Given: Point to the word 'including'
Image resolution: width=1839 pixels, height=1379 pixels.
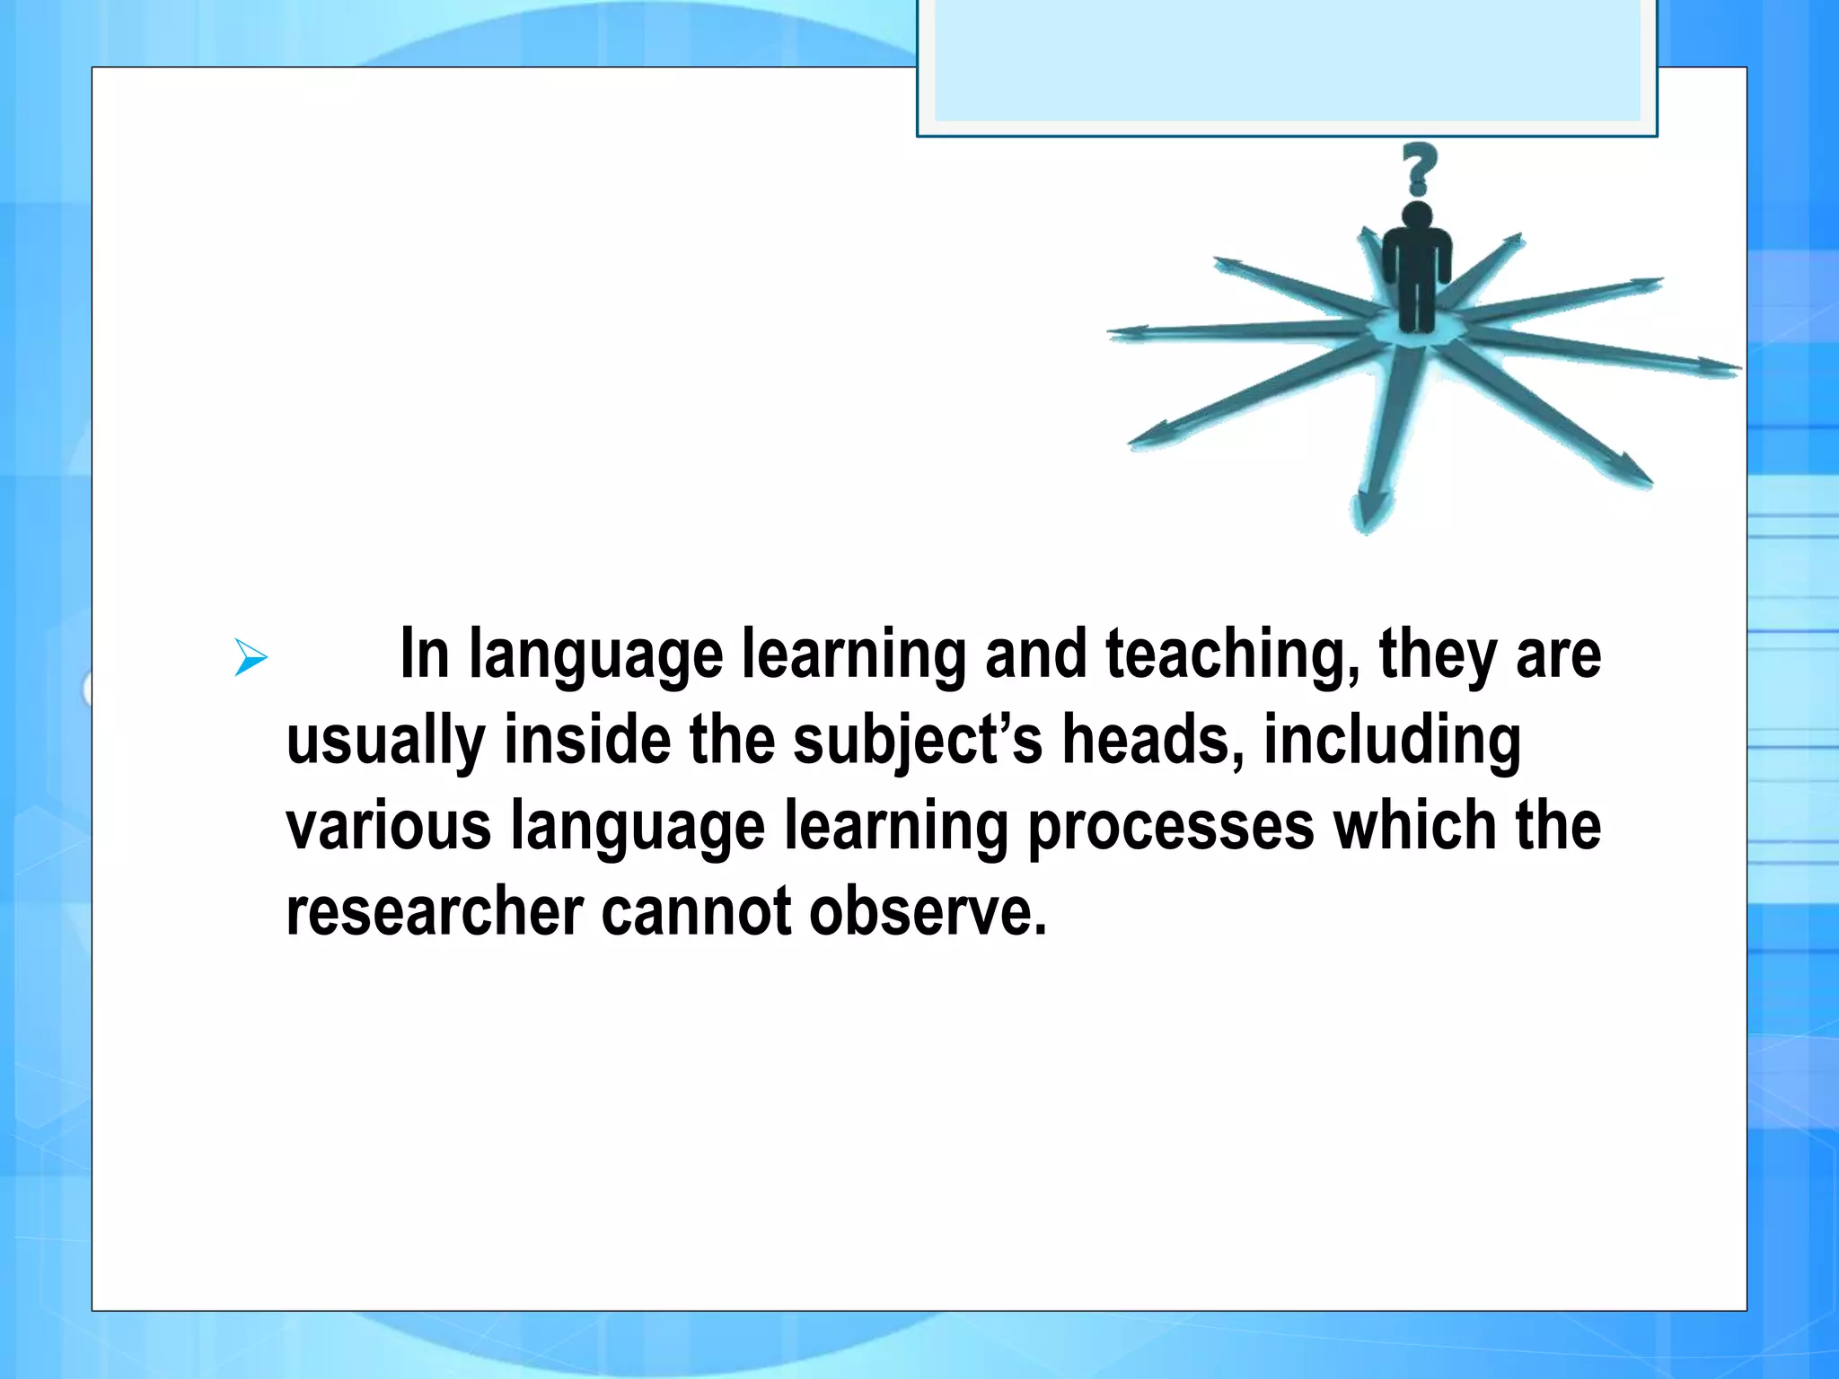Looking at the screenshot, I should (1392, 742).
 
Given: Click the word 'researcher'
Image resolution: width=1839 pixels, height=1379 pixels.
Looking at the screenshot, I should (435, 911).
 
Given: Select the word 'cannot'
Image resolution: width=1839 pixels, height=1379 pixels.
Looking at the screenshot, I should (696, 911).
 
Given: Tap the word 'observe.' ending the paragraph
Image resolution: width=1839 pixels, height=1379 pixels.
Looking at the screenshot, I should (928, 911).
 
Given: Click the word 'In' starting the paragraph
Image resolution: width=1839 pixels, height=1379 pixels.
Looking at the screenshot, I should (425, 654).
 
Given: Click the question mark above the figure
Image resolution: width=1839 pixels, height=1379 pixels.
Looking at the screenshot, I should (1419, 168).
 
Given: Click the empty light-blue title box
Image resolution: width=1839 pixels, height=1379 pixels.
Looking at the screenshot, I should (1286, 59).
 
